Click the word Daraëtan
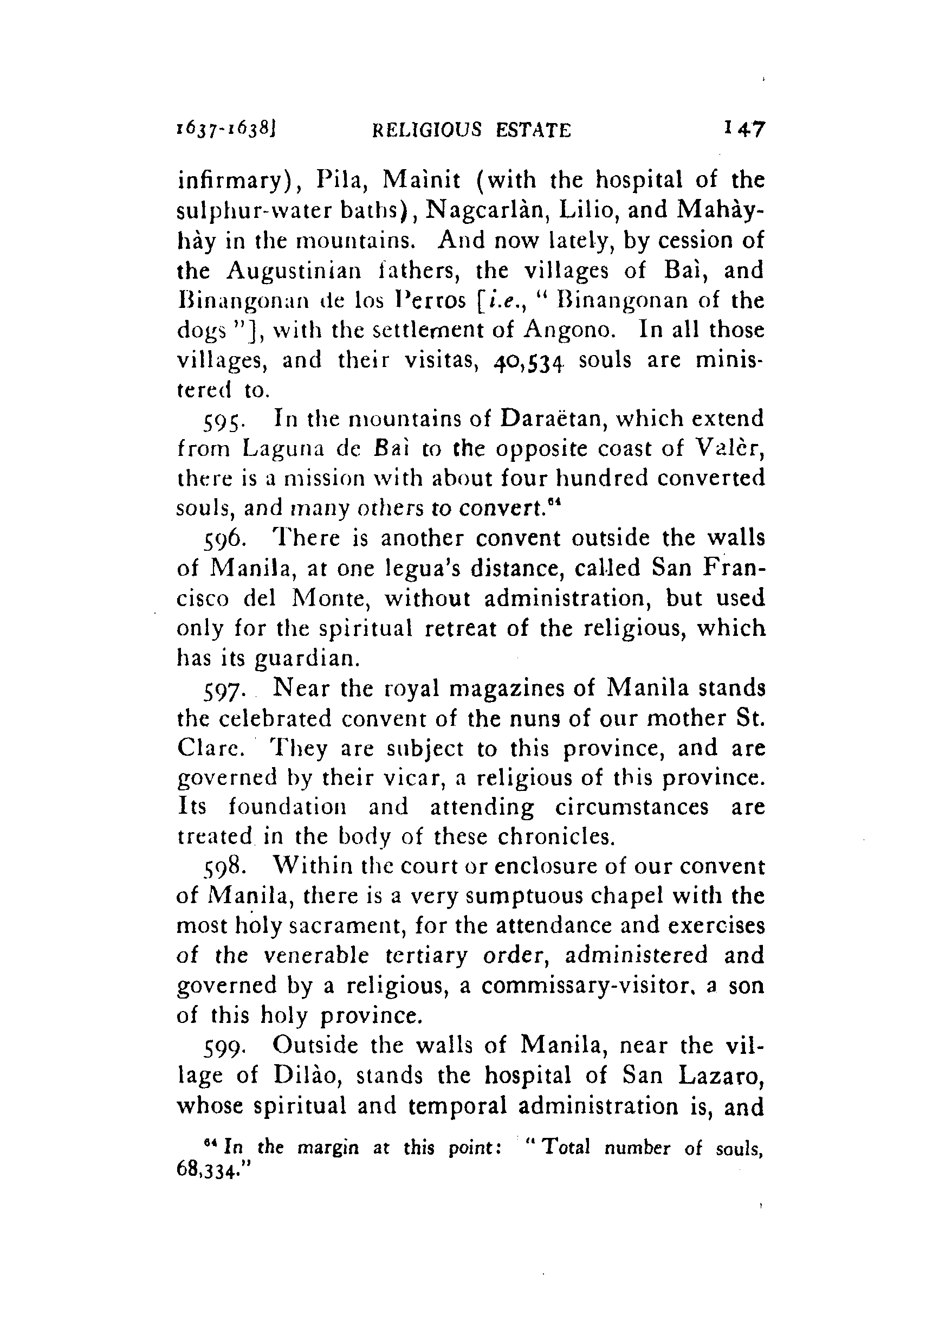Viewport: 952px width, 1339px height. click(x=564, y=418)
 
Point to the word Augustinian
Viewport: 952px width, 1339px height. click(x=294, y=271)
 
